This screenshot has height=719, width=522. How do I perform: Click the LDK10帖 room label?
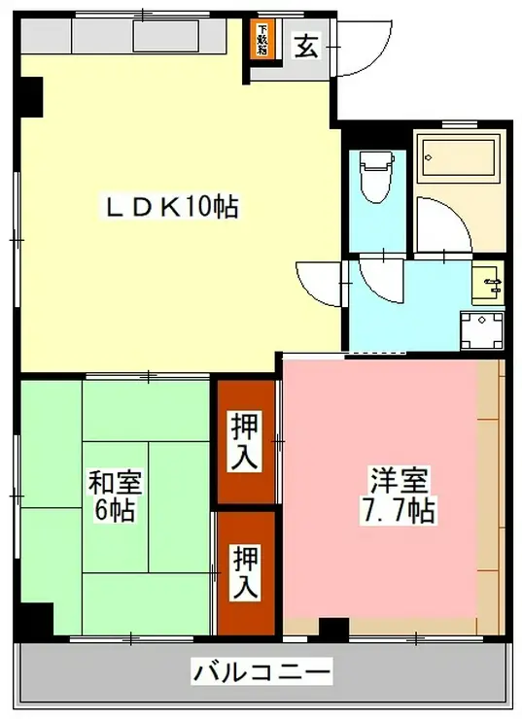coord(172,207)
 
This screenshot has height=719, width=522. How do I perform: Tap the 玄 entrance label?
coord(305,46)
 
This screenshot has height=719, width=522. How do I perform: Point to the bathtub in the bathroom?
coord(456,156)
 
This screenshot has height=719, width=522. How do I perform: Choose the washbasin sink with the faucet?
coord(489,284)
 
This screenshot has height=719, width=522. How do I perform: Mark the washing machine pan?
coord(483,330)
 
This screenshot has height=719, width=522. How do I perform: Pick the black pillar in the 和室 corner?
coord(37,618)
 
